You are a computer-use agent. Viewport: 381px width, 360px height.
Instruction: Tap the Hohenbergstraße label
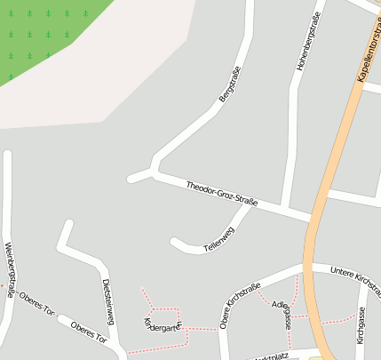(305, 48)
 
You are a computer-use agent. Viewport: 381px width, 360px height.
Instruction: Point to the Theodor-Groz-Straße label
(222, 194)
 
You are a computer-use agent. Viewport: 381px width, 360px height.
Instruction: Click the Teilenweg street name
(218, 236)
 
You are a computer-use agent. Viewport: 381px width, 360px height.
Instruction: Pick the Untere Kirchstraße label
(355, 280)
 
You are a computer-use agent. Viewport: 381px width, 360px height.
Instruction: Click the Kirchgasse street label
(361, 325)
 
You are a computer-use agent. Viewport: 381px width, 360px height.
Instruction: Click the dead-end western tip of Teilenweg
(174, 240)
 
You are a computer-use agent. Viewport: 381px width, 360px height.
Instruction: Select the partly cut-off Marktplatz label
(271, 356)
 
